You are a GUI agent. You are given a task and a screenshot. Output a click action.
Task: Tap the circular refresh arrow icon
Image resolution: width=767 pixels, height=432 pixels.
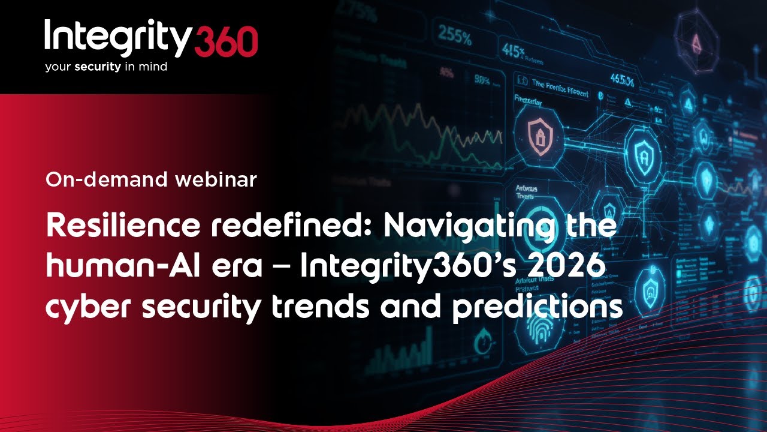click(484, 344)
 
